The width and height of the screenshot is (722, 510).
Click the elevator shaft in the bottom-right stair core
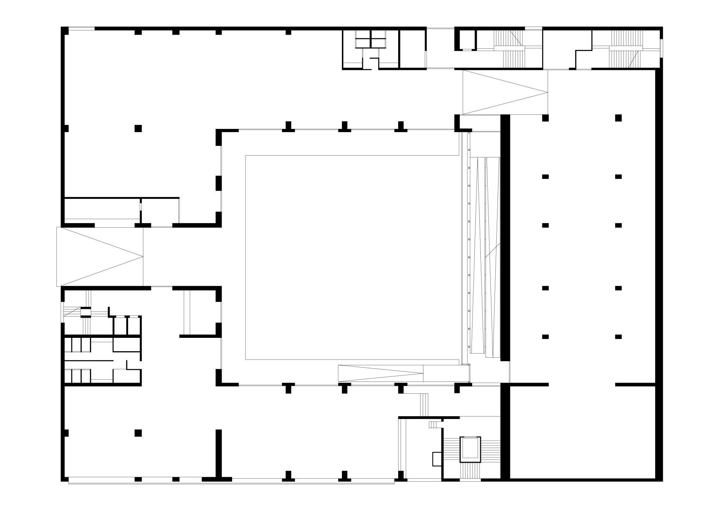(x=470, y=449)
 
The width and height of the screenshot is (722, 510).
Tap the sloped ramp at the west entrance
(x=100, y=257)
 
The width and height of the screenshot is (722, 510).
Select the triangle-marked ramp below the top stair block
(x=505, y=92)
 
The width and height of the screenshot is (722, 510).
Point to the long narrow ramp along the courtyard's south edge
(x=380, y=373)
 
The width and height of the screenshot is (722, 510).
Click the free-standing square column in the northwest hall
(x=138, y=128)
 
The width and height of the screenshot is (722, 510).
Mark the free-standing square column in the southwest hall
(x=138, y=433)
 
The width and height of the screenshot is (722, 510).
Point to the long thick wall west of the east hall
(x=505, y=238)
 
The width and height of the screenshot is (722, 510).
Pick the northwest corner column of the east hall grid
(x=545, y=118)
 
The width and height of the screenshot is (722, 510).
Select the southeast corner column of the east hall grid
(x=618, y=336)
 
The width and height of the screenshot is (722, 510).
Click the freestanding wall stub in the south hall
(x=218, y=453)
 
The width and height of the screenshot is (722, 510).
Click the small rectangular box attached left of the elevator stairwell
(x=437, y=458)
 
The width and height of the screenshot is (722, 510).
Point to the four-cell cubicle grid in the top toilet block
(x=371, y=39)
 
